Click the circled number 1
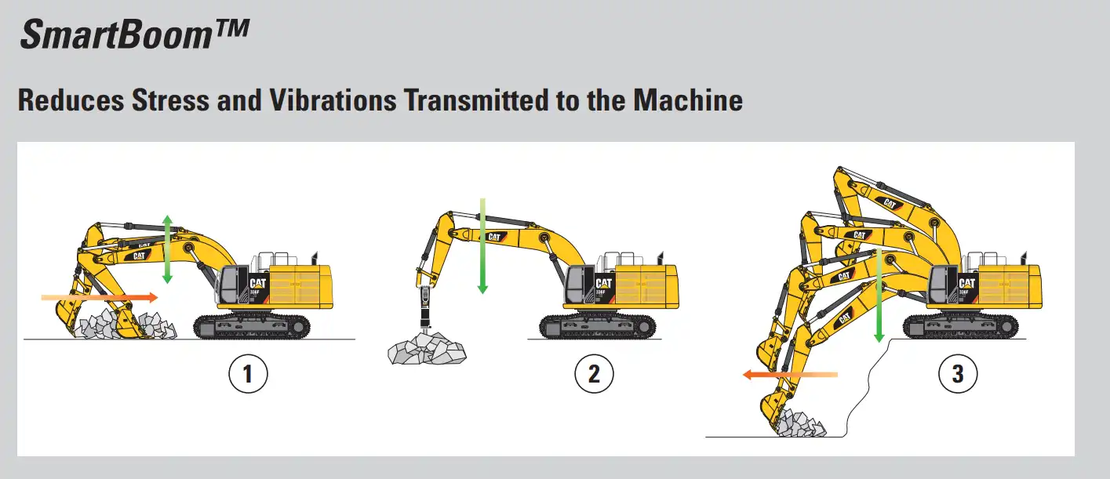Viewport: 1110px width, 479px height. click(x=248, y=375)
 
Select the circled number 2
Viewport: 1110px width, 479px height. click(x=593, y=375)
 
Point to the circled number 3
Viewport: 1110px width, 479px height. click(x=957, y=375)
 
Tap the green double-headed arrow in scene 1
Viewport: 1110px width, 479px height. click(x=167, y=248)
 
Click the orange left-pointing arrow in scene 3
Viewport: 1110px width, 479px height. click(x=789, y=376)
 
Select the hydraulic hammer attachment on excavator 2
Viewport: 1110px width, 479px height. click(x=424, y=310)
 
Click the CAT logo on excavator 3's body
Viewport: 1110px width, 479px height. click(x=966, y=283)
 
